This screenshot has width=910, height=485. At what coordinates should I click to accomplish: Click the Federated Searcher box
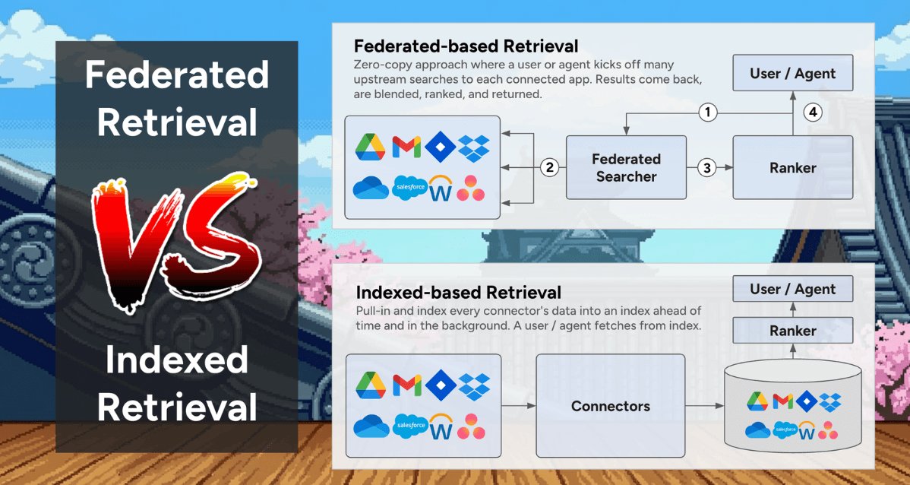(626, 167)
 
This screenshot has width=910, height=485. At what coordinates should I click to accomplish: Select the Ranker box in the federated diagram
(792, 167)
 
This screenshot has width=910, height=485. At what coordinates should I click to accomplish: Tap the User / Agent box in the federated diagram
(792, 74)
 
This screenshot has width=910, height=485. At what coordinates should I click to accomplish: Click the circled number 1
(707, 113)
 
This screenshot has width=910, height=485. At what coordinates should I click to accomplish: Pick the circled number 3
(707, 167)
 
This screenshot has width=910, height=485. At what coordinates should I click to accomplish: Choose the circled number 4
(813, 113)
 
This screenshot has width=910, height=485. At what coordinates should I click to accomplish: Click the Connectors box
(610, 406)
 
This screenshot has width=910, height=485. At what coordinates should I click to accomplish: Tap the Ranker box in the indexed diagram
(792, 331)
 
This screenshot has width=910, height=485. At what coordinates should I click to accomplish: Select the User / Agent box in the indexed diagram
(792, 289)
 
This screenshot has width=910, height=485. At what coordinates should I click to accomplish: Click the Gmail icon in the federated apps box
(406, 147)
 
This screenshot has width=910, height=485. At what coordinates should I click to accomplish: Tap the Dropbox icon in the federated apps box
(476, 147)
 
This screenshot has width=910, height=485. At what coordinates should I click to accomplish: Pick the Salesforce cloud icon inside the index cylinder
(785, 431)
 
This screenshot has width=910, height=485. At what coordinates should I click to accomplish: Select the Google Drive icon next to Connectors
(371, 385)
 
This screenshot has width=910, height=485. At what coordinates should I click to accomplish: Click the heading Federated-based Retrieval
(466, 46)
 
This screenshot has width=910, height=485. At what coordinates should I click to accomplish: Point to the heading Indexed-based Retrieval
(458, 292)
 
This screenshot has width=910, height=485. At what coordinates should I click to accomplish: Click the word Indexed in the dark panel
(176, 360)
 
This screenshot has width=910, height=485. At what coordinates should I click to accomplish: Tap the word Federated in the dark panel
(176, 75)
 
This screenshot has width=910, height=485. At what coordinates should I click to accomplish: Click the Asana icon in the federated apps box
(472, 188)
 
